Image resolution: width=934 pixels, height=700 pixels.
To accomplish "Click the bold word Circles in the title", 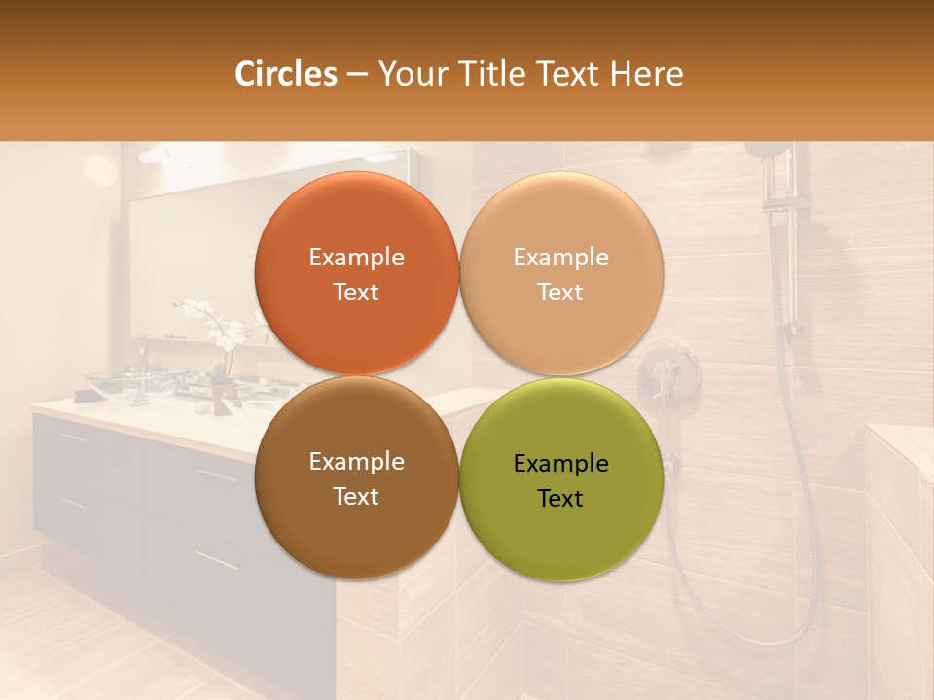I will pos(286,74).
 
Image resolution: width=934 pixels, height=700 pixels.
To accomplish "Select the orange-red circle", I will pos(356,273).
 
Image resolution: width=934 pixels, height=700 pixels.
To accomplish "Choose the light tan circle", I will pos(561,273).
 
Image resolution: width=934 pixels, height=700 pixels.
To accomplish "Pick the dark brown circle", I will pos(356,477).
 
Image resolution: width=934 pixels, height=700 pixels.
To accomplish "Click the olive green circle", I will pos(561,477).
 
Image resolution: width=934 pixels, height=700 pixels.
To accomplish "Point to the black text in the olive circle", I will pos(560,480).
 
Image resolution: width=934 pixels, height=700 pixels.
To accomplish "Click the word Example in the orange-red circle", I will pos(356,258).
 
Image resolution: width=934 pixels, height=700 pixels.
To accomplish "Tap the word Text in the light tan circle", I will pos(560,293).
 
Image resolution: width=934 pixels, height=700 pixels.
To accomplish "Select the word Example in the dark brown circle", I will pos(356,462).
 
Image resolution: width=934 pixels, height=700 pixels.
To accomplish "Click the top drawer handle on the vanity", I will pos(216,475).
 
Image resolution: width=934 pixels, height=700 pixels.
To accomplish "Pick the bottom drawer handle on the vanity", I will pos(216,562).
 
